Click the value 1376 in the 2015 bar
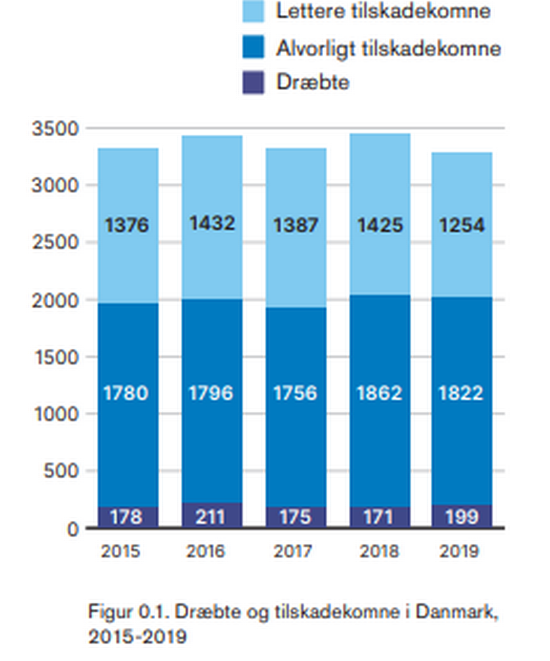click(x=127, y=225)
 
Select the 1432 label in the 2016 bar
click(x=211, y=223)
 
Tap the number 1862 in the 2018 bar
click(x=379, y=394)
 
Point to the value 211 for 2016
click(x=211, y=517)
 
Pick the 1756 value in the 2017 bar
click(x=296, y=394)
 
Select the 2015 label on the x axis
click(x=120, y=552)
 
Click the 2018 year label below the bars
click(x=379, y=552)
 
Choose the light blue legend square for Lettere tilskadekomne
click(x=253, y=12)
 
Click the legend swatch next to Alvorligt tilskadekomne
click(x=253, y=48)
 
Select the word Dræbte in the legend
click(x=313, y=82)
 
